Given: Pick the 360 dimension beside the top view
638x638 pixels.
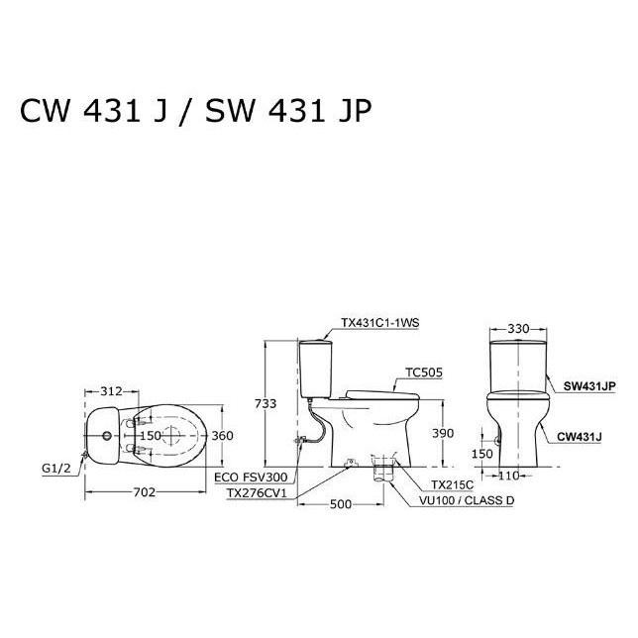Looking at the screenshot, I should coord(223,435).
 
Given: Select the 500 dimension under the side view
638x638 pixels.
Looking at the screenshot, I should coord(340,504).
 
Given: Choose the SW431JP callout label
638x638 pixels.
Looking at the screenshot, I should coord(590,386).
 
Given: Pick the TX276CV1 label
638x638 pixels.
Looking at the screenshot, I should coord(254,491).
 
